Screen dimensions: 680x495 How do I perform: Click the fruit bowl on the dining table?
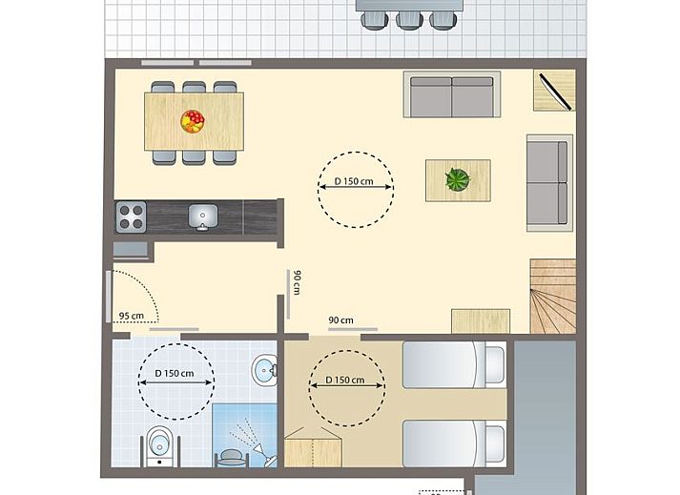pos(193,121)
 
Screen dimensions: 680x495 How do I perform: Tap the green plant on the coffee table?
pos(458,179)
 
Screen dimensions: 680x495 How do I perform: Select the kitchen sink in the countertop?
pos(202,217)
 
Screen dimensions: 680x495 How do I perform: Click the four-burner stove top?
pos(131,217)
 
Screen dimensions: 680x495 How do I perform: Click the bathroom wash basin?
pos(265,370)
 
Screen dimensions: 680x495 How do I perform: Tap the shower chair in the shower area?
pos(231,458)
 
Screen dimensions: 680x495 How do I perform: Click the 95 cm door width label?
pos(131,316)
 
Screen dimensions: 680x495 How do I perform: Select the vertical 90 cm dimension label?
pos(297,282)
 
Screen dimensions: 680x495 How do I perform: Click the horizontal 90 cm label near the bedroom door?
pos(340,320)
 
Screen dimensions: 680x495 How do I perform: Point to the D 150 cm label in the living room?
pos(354,181)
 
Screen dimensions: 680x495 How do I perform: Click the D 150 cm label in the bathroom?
pos(175,373)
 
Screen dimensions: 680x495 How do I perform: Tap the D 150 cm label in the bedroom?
pos(345,380)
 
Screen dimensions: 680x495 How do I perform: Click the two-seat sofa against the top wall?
pos(452,94)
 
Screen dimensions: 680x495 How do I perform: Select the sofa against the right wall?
pos(549,183)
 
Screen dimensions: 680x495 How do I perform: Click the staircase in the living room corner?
pos(553,297)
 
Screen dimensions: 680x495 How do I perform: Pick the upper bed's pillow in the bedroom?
pos(494,364)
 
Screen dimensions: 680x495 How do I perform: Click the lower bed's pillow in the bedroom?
pos(494,443)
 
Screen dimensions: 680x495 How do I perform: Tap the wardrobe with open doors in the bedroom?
pos(313,447)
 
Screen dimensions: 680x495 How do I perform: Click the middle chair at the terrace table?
pos(409,20)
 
